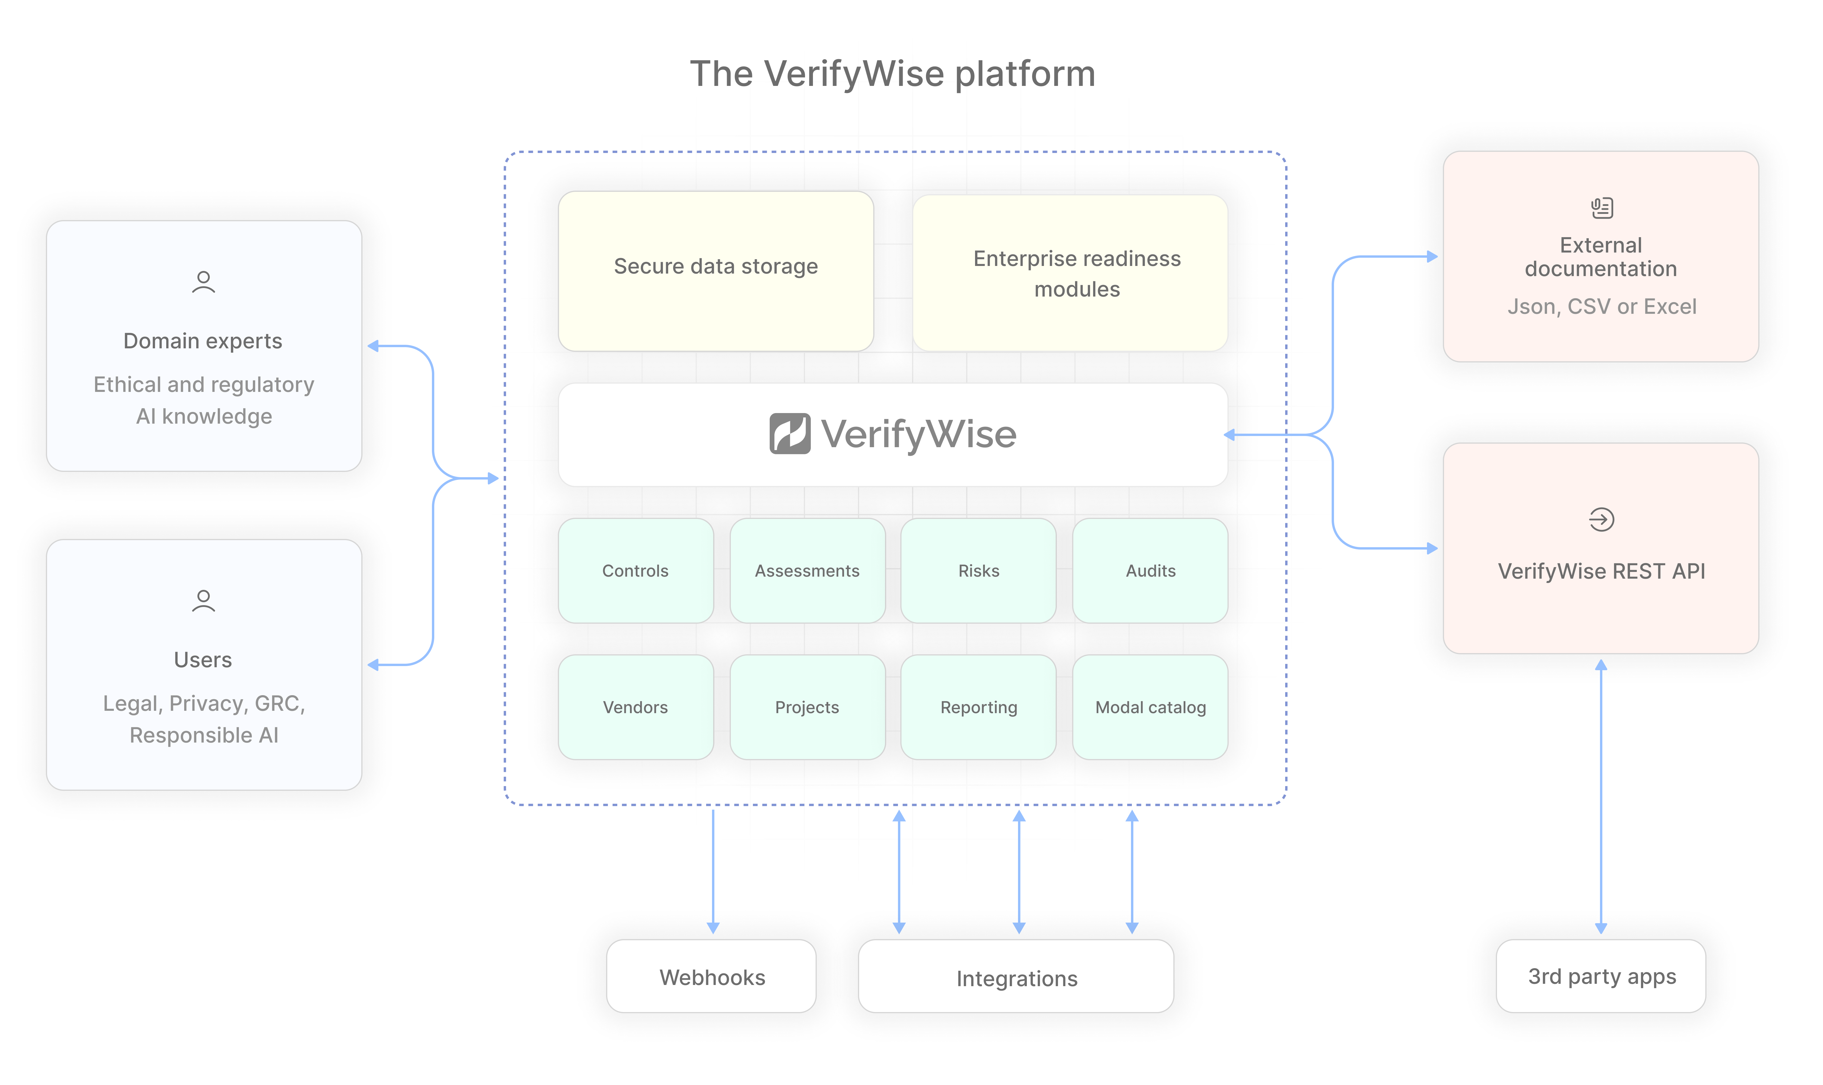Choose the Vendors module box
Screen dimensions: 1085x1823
(x=635, y=707)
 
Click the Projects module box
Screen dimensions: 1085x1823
(x=807, y=707)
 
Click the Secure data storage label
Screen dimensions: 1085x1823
(x=716, y=266)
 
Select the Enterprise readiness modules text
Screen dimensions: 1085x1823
(x=1077, y=273)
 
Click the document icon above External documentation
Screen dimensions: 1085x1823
(x=1601, y=208)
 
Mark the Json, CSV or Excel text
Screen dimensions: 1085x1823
(x=1601, y=306)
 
